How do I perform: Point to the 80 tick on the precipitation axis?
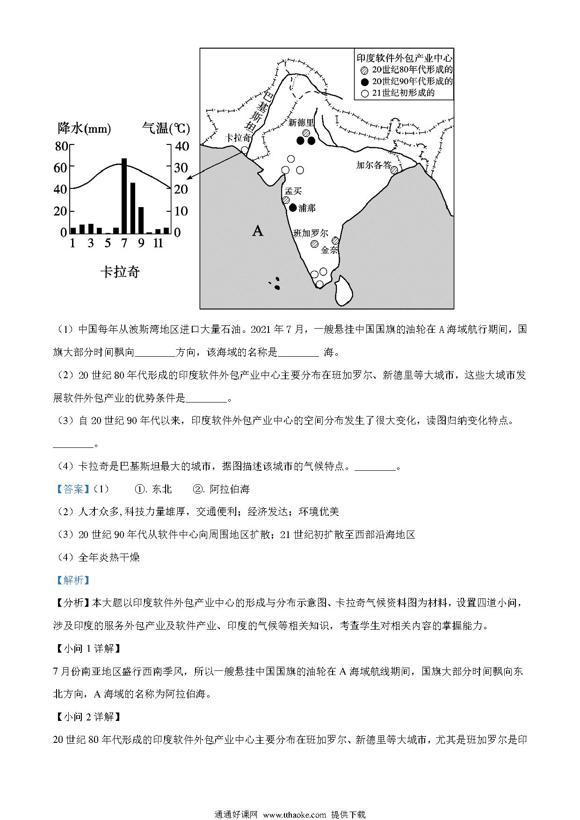(x=62, y=146)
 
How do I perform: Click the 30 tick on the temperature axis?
(x=181, y=168)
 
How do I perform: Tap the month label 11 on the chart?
(x=158, y=243)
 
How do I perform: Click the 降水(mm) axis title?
(x=84, y=128)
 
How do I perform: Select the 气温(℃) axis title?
(x=166, y=128)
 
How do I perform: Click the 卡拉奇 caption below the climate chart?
(x=120, y=272)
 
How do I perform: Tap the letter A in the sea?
(x=258, y=230)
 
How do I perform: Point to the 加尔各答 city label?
(x=373, y=165)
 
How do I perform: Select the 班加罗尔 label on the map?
(x=311, y=233)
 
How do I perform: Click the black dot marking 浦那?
(x=293, y=208)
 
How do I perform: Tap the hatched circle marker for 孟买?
(x=285, y=200)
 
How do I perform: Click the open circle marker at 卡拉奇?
(x=245, y=150)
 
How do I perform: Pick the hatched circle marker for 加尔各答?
(x=394, y=170)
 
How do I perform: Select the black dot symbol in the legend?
(x=364, y=81)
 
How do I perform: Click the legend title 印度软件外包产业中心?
(x=404, y=58)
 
